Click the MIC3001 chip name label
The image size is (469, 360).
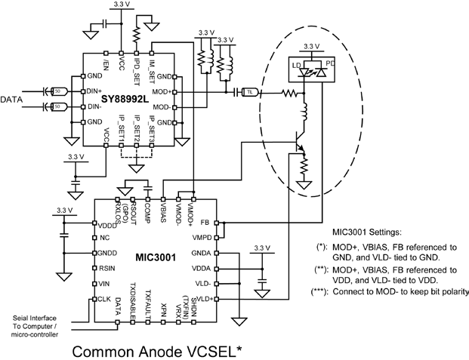[156, 257]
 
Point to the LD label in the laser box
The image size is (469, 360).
[298, 65]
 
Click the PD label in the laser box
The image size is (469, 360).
[329, 64]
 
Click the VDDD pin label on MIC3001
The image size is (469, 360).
[109, 224]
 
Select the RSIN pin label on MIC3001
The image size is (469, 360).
[107, 268]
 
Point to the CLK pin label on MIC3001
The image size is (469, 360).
[104, 299]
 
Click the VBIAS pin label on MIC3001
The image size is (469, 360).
[163, 206]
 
